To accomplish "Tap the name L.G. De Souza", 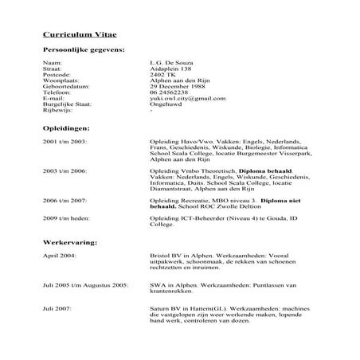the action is point(170,61).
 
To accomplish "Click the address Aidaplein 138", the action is point(169,68).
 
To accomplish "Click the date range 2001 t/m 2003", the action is point(65,140).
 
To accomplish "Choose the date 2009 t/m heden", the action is point(65,217).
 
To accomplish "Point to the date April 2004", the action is point(60,256).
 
